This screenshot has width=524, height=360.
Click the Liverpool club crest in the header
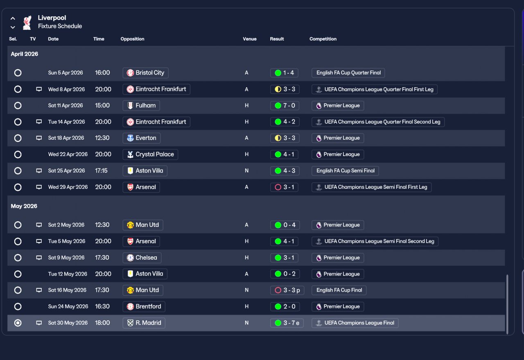tap(27, 23)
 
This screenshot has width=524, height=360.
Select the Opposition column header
tap(132, 39)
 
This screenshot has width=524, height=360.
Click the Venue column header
tap(250, 39)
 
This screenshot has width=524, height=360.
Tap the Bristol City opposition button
tap(145, 73)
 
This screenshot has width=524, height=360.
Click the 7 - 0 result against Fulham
tap(285, 106)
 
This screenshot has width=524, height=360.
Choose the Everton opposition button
tap(142, 138)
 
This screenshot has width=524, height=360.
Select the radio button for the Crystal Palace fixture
tap(18, 154)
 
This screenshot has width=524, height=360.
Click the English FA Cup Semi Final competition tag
tap(345, 171)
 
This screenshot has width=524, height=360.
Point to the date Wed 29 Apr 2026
tap(68, 187)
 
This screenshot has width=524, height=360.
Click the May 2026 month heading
tap(24, 206)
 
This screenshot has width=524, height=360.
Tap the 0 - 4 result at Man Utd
tap(285, 225)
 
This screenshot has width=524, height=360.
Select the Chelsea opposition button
tap(142, 258)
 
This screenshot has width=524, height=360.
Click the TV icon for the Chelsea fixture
tap(39, 258)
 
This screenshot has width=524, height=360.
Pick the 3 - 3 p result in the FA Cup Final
tap(287, 290)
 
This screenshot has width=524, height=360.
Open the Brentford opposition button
tap(144, 307)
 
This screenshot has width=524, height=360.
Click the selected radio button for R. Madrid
tap(18, 323)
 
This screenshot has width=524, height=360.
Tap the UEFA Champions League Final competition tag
tap(355, 323)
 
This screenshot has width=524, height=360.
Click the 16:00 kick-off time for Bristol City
tap(102, 72)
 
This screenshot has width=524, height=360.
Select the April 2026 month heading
tap(24, 54)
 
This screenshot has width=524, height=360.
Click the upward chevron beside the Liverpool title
tap(13, 18)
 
